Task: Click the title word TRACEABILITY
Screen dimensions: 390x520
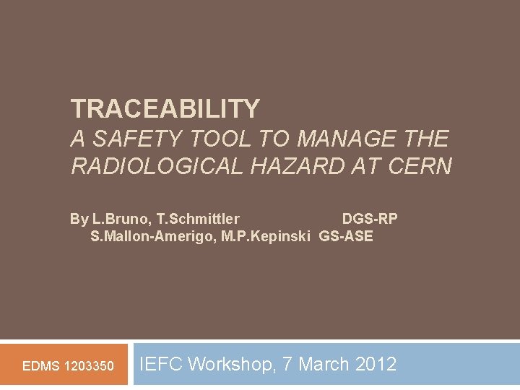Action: click(x=165, y=109)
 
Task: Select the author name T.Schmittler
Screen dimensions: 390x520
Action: click(x=197, y=219)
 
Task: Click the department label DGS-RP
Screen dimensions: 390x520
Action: click(x=370, y=219)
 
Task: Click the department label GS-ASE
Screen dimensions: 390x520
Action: click(x=347, y=236)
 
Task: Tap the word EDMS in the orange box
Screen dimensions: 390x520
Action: click(x=41, y=366)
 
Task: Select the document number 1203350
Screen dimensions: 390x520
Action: click(x=89, y=366)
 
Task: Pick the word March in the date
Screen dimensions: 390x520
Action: click(x=324, y=364)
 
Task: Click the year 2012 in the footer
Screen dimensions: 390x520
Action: click(x=376, y=364)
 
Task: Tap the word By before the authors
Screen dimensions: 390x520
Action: click(x=79, y=219)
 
